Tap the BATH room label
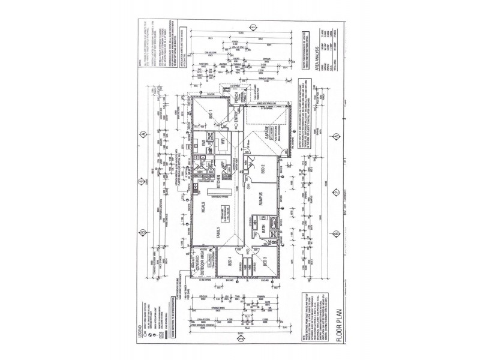(263, 229)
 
